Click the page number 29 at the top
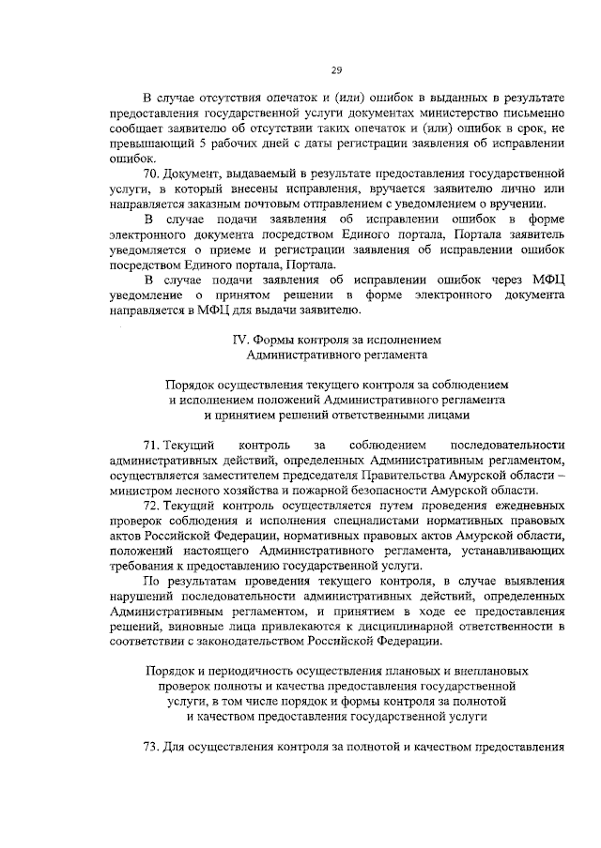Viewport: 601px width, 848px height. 335,71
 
